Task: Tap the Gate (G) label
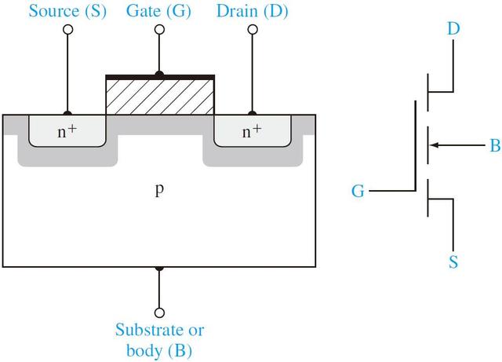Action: (159, 11)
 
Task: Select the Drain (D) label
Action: (252, 11)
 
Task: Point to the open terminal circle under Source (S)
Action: (67, 30)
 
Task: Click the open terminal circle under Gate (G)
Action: (159, 30)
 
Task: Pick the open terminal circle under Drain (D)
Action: (252, 30)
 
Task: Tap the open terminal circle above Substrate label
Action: (159, 311)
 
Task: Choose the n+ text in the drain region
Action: (252, 131)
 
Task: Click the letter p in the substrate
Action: (159, 191)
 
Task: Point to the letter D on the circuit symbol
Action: (454, 30)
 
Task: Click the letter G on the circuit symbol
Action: (358, 191)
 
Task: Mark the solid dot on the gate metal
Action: (159, 75)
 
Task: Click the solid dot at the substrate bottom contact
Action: (159, 268)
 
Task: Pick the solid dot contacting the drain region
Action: (252, 114)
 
